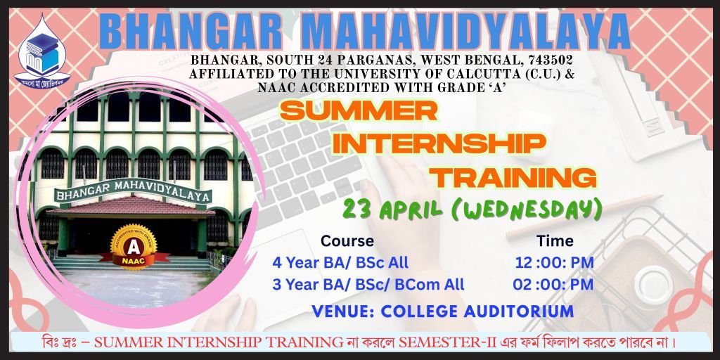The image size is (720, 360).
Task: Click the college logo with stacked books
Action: pos(42,51)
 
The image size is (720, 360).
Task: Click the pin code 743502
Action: pos(550,60)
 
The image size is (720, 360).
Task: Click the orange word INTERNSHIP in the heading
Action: pos(439,143)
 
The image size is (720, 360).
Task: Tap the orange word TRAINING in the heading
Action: pos(515,176)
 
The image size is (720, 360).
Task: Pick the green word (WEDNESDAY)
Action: pos(526,210)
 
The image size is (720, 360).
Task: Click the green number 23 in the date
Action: pos(354,210)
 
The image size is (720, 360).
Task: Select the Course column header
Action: pos(347,240)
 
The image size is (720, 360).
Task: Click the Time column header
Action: pos(555,240)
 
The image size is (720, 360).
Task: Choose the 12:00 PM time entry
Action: pos(554,263)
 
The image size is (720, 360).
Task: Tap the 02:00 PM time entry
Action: pos(553,284)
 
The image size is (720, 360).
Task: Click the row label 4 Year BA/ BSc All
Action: pos(340,263)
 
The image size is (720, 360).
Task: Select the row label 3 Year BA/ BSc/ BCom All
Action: pos(368,284)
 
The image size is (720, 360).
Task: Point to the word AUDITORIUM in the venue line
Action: pos(519,311)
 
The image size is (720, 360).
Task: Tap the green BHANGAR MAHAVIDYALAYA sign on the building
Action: pos(133,191)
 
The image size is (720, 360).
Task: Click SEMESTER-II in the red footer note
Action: pos(428,342)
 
